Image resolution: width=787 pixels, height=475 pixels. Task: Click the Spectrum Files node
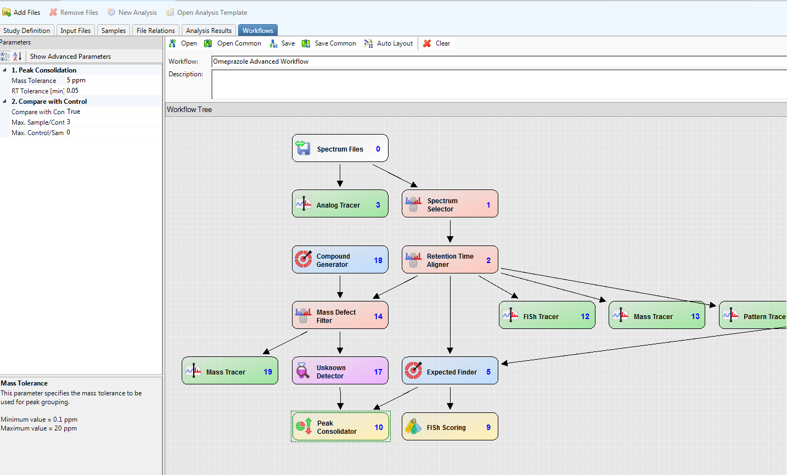click(x=340, y=149)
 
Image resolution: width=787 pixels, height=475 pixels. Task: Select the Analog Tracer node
click(x=340, y=204)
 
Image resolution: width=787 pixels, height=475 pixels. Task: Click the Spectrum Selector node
click(x=449, y=204)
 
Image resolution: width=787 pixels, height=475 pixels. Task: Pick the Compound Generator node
click(x=340, y=260)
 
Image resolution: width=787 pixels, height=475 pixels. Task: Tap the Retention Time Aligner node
click(x=449, y=260)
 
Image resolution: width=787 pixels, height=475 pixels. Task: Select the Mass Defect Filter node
click(x=340, y=316)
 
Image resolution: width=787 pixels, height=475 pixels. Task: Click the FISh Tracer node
click(x=547, y=316)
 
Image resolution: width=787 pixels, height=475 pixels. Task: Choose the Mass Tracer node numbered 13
click(x=656, y=316)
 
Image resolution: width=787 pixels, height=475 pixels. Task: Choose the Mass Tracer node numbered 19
click(x=229, y=371)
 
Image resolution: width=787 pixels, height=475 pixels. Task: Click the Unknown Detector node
click(x=340, y=371)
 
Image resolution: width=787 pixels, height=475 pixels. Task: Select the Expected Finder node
click(x=449, y=371)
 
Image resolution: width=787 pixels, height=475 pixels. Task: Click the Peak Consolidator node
click(x=340, y=427)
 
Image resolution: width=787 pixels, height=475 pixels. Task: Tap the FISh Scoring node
click(x=449, y=427)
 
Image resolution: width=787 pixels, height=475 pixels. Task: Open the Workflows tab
click(x=257, y=31)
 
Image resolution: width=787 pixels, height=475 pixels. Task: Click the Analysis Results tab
click(x=209, y=31)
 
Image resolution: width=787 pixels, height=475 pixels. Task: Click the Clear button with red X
click(x=437, y=43)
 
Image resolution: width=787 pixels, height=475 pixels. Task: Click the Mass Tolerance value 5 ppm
click(x=76, y=80)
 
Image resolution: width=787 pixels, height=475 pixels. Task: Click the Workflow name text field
click(x=494, y=62)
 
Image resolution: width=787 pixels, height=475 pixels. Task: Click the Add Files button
click(x=21, y=12)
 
